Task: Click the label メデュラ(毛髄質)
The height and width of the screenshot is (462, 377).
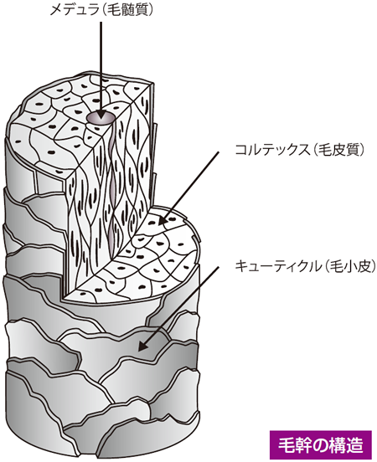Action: [x=101, y=10]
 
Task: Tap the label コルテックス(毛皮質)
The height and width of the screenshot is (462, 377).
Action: [x=300, y=150]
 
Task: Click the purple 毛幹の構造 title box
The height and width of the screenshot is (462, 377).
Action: [x=321, y=444]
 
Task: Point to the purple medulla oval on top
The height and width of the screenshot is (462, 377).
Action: [x=101, y=117]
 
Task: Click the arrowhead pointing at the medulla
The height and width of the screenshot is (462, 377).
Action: [x=101, y=114]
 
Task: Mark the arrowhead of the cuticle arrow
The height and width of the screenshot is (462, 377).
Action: [x=142, y=346]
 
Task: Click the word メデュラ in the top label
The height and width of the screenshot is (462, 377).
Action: [x=74, y=10]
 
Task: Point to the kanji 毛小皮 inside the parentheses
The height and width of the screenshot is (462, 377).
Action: [x=349, y=266]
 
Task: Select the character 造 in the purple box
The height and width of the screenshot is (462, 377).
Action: [x=354, y=445]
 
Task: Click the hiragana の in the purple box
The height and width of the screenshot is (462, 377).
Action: [x=320, y=445]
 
